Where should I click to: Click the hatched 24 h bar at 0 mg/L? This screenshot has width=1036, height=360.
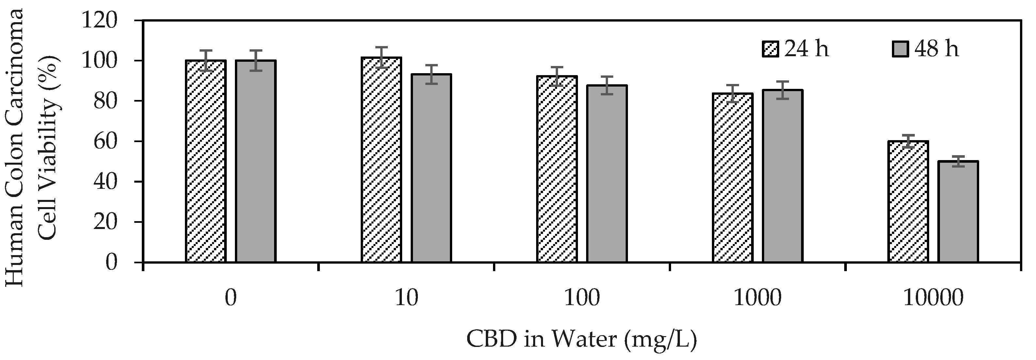coord(206,161)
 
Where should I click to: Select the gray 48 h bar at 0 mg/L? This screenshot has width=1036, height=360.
coord(255,161)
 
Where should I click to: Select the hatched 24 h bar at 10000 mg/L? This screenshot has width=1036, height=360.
coord(908,202)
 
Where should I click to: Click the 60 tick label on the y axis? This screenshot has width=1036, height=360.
coord(106,141)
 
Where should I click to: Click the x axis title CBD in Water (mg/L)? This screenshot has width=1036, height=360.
coord(582,339)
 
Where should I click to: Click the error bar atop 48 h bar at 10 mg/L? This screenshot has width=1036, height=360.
coord(431,74)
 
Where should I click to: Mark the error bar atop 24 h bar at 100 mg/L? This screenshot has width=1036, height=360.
coord(557,76)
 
